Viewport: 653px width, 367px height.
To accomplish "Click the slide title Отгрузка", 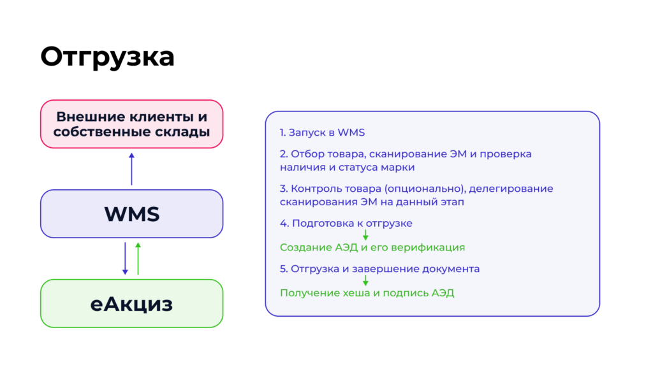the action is tap(107, 57).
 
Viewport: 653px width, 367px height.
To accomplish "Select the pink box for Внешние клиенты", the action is tap(131, 124).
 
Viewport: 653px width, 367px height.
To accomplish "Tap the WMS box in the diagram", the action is tap(131, 214).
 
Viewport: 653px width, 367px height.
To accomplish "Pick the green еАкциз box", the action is tap(131, 303).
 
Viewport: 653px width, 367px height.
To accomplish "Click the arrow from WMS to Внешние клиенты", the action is tap(131, 169).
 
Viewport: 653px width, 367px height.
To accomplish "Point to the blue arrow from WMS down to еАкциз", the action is tap(125, 259).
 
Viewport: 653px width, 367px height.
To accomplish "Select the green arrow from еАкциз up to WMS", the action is tap(138, 259).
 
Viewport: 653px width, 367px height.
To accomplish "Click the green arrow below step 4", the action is tap(365, 235).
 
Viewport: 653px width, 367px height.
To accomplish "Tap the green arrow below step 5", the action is tap(365, 280).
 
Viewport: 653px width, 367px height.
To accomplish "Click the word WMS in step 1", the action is tap(351, 133).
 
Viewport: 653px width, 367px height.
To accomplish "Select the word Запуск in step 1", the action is tap(307, 133).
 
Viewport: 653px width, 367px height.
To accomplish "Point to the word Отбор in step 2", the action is tap(307, 154).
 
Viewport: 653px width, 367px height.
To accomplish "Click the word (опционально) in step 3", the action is tap(425, 189).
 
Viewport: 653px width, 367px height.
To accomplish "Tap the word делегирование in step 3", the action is tap(511, 189).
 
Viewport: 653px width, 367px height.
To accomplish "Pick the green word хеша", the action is tap(356, 293).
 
